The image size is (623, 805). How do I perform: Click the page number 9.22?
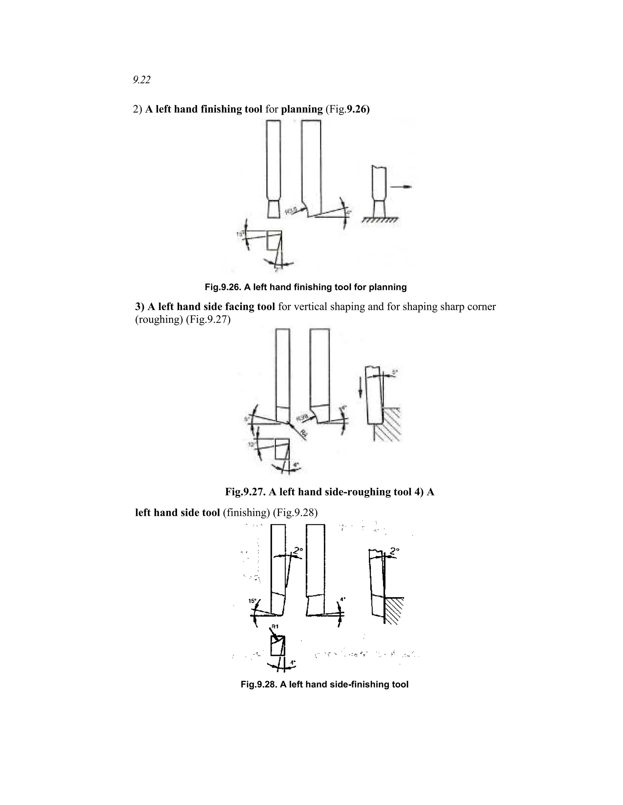point(142,80)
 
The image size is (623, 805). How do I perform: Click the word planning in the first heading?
point(301,109)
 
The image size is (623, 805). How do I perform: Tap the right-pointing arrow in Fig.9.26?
point(401,187)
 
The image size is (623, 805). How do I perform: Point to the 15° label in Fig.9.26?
point(240,234)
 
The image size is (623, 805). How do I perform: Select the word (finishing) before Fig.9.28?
point(246,513)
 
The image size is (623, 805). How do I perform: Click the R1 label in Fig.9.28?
point(275,626)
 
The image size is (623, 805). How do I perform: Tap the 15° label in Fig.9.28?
point(252,601)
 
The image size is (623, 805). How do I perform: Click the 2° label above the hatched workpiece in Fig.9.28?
point(395,552)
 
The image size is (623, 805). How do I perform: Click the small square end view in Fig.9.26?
point(274,241)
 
